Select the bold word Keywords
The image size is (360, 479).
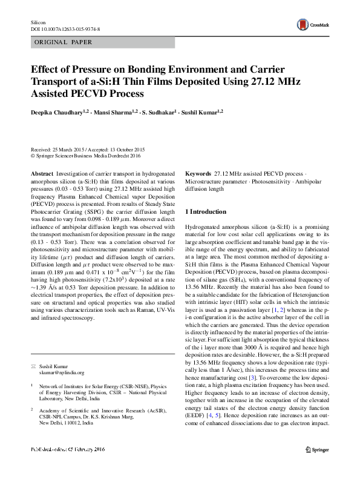pos(198,174)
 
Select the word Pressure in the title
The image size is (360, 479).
pos(87,69)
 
